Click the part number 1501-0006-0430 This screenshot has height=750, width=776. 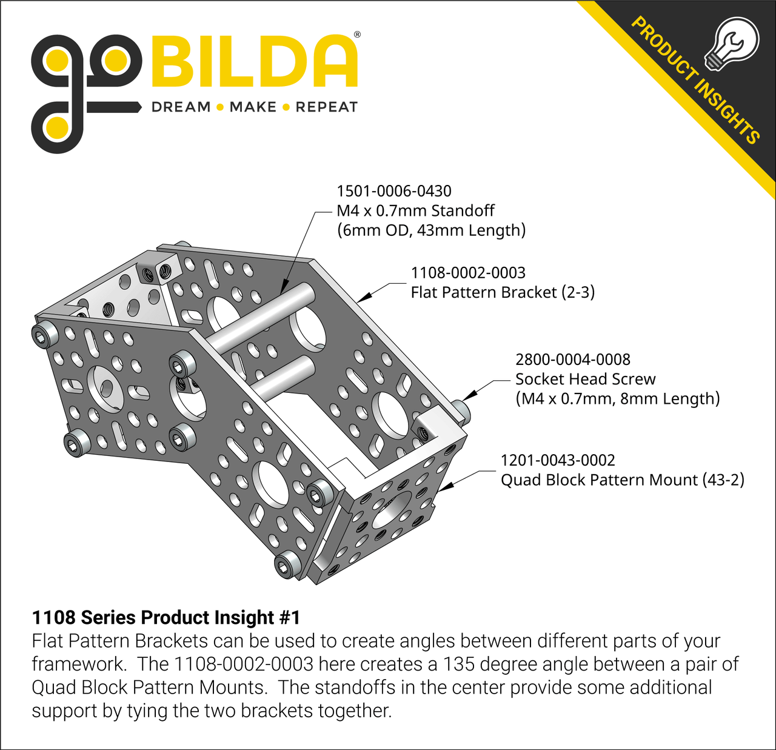coord(394,191)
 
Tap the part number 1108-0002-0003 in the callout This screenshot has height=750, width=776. coord(468,273)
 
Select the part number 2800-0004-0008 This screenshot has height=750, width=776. coord(573,360)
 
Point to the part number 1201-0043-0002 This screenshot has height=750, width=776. coord(558,460)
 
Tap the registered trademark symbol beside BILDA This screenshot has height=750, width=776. coord(357,35)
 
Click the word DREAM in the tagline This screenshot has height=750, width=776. coord(181,107)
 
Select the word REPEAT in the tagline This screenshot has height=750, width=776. coord(326,107)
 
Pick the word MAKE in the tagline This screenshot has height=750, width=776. coord(253,107)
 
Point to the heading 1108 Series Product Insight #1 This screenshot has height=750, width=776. coord(166,617)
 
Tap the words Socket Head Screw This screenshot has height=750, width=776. coord(586,380)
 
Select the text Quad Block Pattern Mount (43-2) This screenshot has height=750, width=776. coord(623,480)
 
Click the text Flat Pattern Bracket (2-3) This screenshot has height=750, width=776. coord(503,292)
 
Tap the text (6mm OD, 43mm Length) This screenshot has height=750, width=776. coord(431,230)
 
